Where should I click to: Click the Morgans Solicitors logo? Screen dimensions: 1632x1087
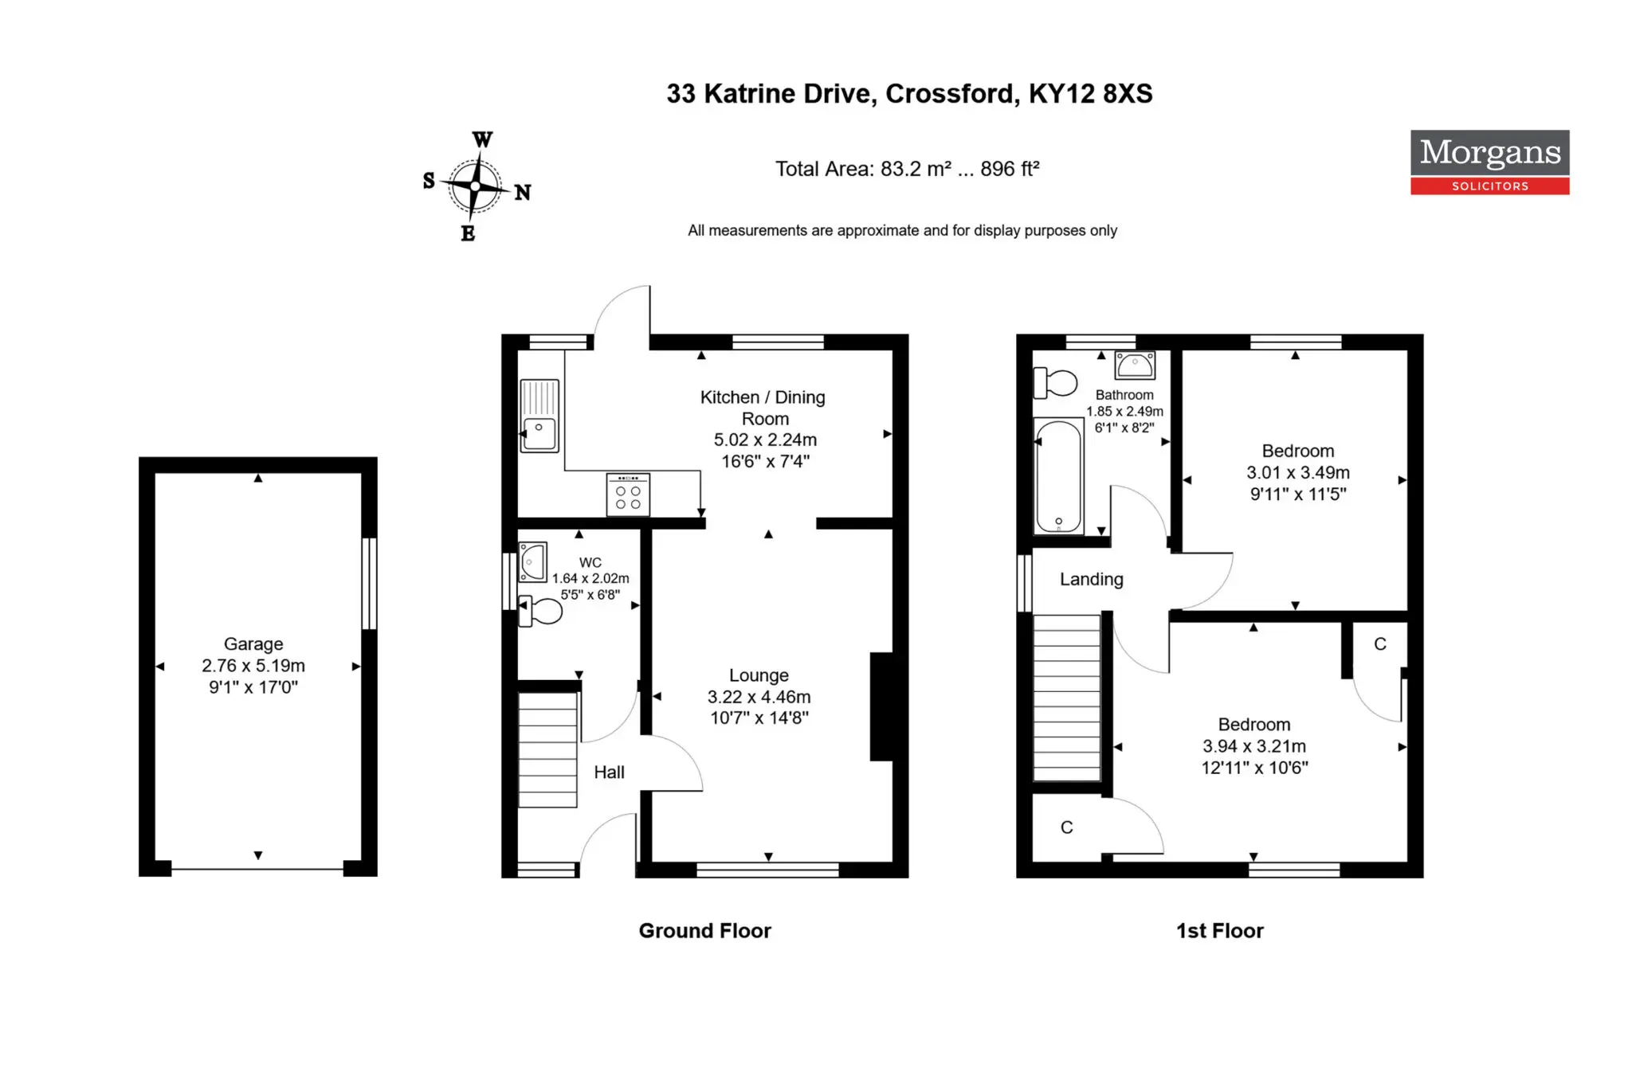(1489, 162)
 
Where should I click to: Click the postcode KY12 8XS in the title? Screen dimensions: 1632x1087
(1090, 94)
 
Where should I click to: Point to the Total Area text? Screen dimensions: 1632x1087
(908, 169)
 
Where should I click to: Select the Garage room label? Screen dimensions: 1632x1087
(253, 643)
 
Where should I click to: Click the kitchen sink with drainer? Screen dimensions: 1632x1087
(539, 416)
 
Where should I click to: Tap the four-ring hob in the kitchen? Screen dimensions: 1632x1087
(628, 495)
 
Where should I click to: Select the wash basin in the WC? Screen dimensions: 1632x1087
(532, 562)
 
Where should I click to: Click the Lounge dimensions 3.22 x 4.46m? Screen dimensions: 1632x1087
(759, 697)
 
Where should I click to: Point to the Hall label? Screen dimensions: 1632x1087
(609, 772)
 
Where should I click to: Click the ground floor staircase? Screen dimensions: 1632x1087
(547, 749)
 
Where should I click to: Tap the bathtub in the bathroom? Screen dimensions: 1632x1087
(1058, 476)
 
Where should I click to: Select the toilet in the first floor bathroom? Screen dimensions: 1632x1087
(1055, 382)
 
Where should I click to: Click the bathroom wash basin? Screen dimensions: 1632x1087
(1135, 366)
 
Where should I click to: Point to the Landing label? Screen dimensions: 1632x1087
(1092, 580)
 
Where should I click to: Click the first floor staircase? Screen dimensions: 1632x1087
(1067, 698)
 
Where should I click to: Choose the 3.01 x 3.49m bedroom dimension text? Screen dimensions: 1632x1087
(1298, 472)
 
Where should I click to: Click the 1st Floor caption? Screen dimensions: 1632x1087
(1220, 931)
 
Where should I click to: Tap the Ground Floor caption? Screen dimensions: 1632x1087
(705, 931)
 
